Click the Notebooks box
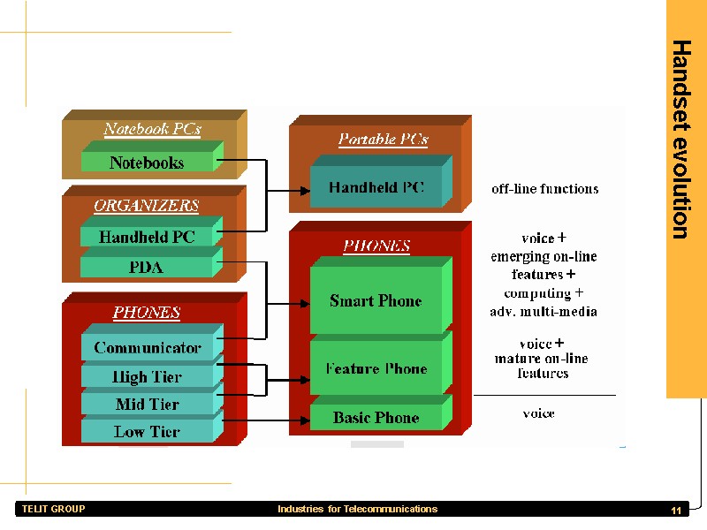coord(147,163)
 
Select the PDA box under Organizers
coord(147,267)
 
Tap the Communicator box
coord(147,348)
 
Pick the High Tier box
coord(147,377)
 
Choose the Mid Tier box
coord(147,405)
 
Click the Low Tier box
coord(147,432)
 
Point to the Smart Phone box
coord(376,301)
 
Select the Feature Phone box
coord(376,369)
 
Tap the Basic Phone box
coord(376,418)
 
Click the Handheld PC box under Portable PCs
coord(376,187)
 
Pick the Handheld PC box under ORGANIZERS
coord(147,237)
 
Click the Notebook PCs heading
coord(152,129)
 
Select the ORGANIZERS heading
coord(147,206)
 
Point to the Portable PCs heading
coord(383,140)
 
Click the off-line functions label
coord(544,189)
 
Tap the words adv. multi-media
coord(544,312)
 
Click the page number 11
coord(676,511)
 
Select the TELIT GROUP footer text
coord(54,510)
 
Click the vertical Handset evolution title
coord(680,139)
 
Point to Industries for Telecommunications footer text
coord(357,510)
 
